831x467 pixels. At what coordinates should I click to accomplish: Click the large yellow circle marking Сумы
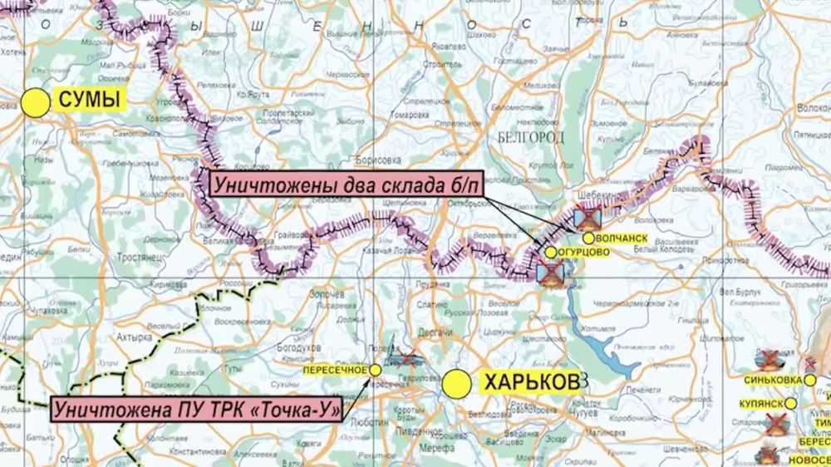(36, 102)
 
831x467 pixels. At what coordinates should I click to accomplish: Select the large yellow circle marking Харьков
(456, 384)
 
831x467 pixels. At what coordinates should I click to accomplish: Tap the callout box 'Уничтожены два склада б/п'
(341, 185)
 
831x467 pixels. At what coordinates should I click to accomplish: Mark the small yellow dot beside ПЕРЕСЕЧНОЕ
(376, 369)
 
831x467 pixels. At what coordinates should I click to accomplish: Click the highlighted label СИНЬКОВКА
(772, 380)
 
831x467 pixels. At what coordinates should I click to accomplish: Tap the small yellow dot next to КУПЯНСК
(791, 403)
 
